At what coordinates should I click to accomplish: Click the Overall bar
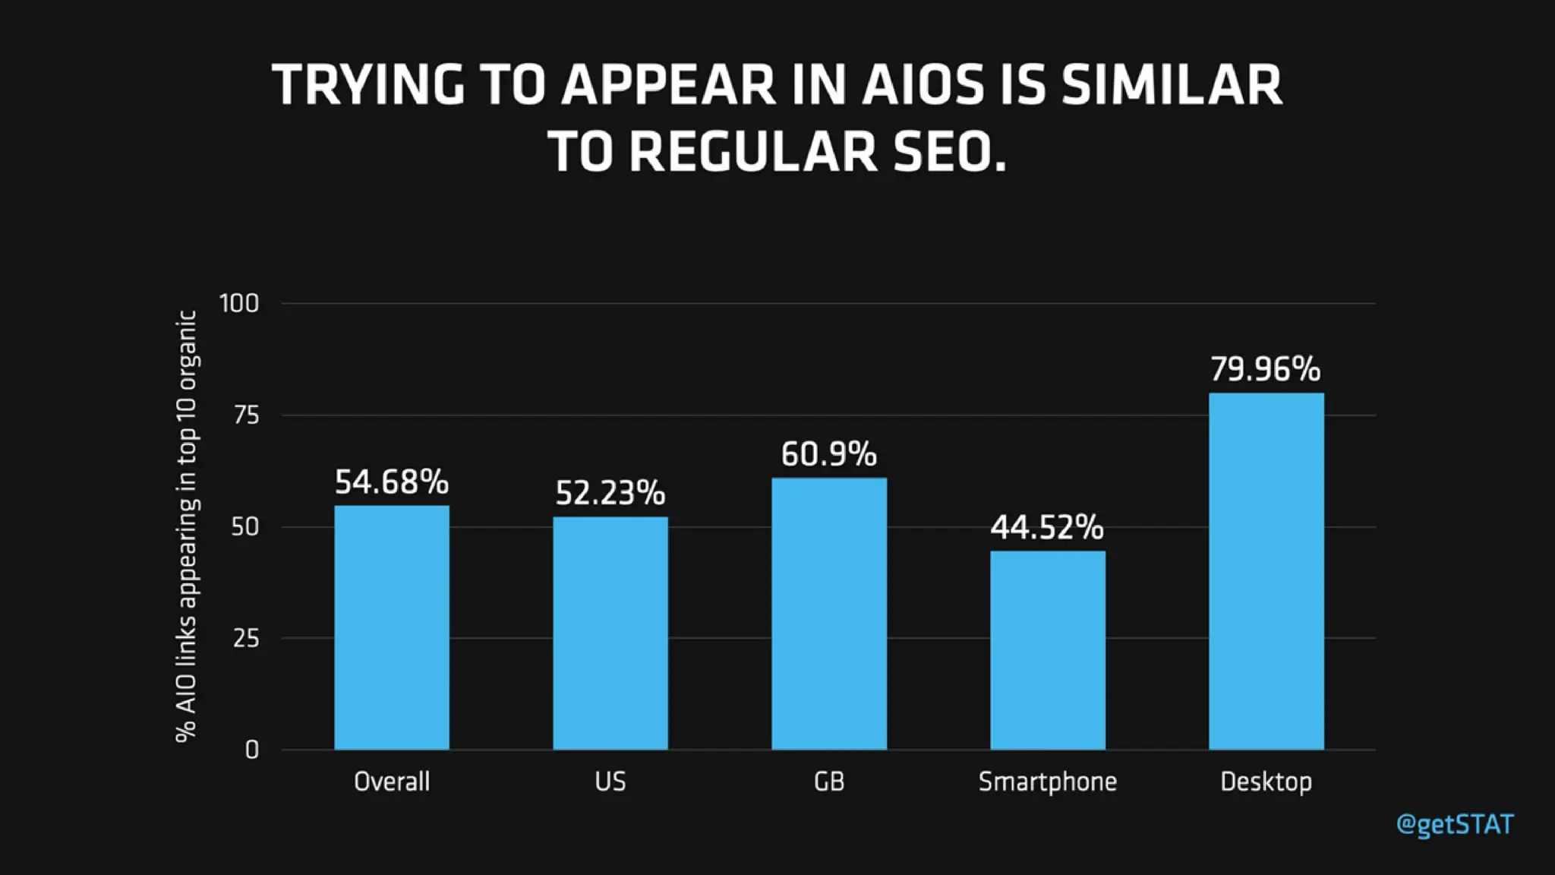pyautogui.click(x=392, y=627)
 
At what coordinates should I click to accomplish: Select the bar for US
pyautogui.click(x=610, y=633)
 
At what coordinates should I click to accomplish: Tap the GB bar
pyautogui.click(x=829, y=614)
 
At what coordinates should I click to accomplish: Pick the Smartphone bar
pyautogui.click(x=1048, y=650)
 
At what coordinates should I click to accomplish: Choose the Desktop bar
pyautogui.click(x=1266, y=571)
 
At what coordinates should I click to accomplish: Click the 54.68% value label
pyautogui.click(x=392, y=482)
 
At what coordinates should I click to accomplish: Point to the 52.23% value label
pyautogui.click(x=610, y=494)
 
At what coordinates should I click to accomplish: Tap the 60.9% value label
pyautogui.click(x=829, y=455)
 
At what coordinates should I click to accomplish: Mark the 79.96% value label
pyautogui.click(x=1266, y=370)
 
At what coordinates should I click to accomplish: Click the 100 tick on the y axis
pyautogui.click(x=239, y=304)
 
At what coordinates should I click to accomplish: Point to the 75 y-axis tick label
pyautogui.click(x=246, y=415)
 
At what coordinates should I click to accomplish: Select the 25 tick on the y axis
pyautogui.click(x=246, y=639)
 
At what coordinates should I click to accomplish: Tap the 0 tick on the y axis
pyautogui.click(x=252, y=750)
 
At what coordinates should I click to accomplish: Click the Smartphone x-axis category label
pyautogui.click(x=1048, y=782)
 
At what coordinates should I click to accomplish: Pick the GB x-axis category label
pyautogui.click(x=829, y=782)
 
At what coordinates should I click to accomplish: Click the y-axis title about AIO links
pyautogui.click(x=187, y=526)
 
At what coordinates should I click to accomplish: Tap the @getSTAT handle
pyautogui.click(x=1455, y=825)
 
